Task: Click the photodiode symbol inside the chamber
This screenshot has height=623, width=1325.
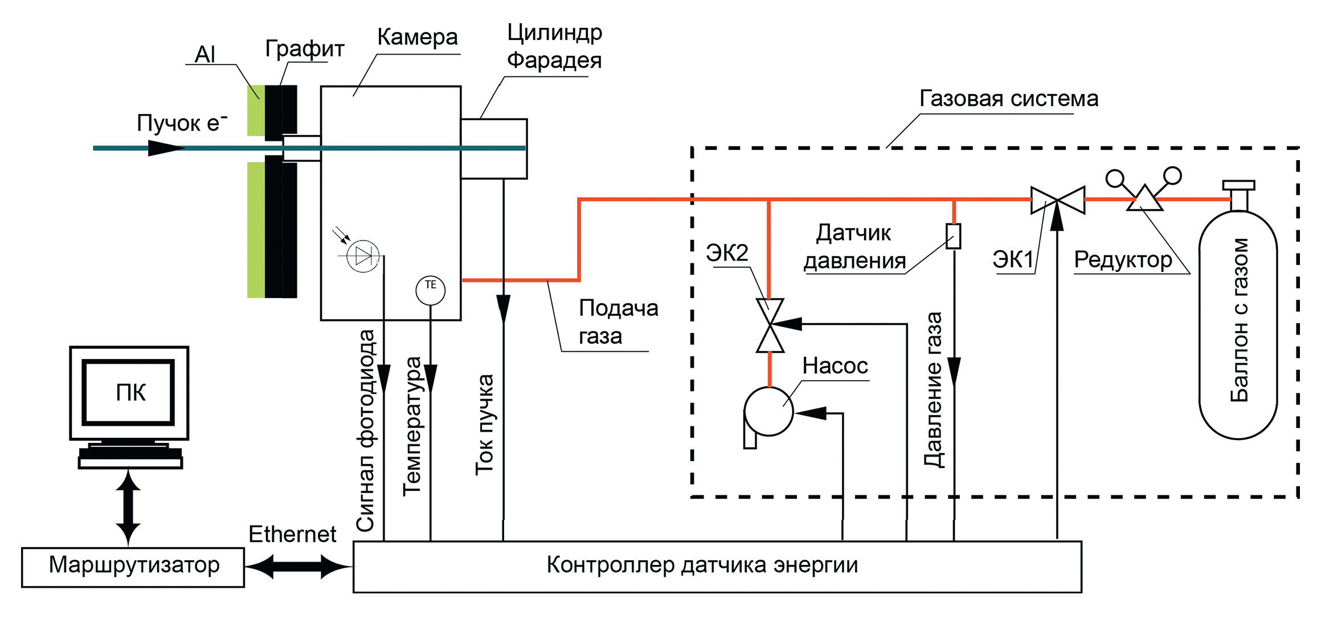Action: click(x=363, y=256)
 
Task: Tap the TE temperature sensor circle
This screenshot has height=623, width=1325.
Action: click(x=430, y=290)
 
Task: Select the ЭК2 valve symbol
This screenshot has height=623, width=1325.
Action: click(x=770, y=325)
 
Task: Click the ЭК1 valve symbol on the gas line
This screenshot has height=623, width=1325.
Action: click(x=1057, y=200)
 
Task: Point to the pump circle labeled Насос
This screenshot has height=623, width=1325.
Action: click(x=768, y=411)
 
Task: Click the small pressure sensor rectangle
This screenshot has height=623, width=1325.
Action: click(x=953, y=236)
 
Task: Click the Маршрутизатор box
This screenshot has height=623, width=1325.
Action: click(x=133, y=567)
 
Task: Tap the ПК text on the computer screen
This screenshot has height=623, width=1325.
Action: click(x=130, y=393)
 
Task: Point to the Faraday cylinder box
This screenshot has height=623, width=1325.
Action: click(x=493, y=149)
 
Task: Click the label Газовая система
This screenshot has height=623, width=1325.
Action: click(x=1008, y=99)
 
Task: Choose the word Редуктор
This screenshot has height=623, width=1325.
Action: click(x=1122, y=260)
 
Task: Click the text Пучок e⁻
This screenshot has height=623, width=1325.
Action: click(x=181, y=123)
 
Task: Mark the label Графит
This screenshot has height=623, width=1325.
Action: click(x=304, y=48)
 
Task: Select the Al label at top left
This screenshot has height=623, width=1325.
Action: click(x=205, y=55)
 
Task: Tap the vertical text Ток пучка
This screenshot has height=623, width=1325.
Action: click(x=484, y=425)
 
